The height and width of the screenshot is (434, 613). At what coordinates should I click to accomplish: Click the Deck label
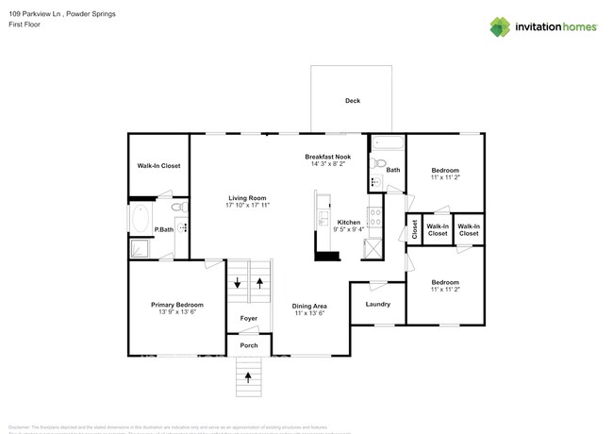tap(352, 101)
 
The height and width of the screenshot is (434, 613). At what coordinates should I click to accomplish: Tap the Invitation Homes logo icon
tap(499, 27)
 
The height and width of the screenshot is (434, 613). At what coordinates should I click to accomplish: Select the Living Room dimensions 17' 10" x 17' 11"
tap(248, 205)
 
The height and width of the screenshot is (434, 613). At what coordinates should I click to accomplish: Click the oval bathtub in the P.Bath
tap(140, 217)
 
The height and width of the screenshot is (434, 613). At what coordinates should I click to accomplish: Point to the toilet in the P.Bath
tap(177, 208)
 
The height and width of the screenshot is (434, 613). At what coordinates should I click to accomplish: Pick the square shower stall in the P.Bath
tap(139, 248)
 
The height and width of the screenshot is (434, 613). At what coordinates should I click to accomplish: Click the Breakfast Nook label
tap(327, 157)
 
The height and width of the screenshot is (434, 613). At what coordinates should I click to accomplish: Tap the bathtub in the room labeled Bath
tap(386, 144)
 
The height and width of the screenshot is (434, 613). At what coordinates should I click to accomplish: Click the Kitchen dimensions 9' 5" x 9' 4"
tap(349, 229)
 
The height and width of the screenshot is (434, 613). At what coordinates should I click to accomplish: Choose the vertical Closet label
tap(413, 229)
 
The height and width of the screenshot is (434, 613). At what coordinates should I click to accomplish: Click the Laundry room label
tap(377, 304)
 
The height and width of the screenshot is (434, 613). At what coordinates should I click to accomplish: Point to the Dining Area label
tap(309, 306)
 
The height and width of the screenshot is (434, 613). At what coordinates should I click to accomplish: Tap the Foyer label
tap(249, 319)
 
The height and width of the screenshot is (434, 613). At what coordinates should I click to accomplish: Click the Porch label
tap(249, 345)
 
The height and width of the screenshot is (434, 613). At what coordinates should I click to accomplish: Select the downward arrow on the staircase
tap(238, 282)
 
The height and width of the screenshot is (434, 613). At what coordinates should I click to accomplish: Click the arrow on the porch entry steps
tap(249, 377)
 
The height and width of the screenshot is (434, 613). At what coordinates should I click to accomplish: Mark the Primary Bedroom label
tap(177, 305)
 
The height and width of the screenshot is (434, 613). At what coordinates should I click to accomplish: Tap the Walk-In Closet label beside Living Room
tap(158, 166)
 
